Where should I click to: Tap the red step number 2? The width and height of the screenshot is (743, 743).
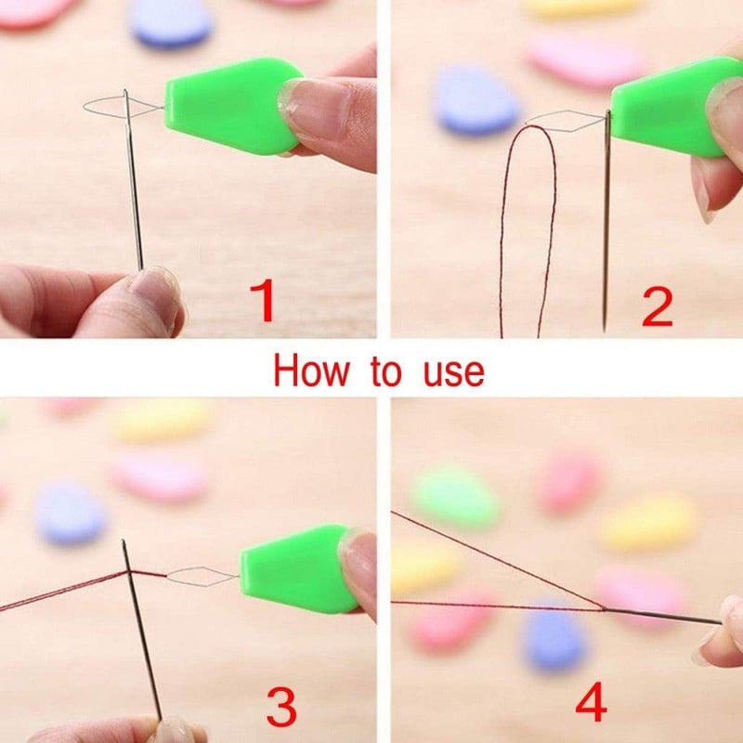[x=658, y=306]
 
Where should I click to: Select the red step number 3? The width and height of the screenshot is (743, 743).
[x=281, y=708]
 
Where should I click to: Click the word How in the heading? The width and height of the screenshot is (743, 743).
[x=310, y=372]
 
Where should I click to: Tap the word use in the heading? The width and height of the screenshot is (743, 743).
[x=453, y=374]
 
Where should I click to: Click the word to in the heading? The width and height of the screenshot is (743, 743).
[x=386, y=373]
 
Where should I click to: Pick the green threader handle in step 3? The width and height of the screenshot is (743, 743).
[x=298, y=568]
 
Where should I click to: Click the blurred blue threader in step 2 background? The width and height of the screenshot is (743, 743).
[x=476, y=99]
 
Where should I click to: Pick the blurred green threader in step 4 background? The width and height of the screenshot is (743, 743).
[x=454, y=495]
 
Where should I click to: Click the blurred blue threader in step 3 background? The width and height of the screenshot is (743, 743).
[x=71, y=512]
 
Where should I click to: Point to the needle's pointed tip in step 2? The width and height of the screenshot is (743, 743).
[x=605, y=331]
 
